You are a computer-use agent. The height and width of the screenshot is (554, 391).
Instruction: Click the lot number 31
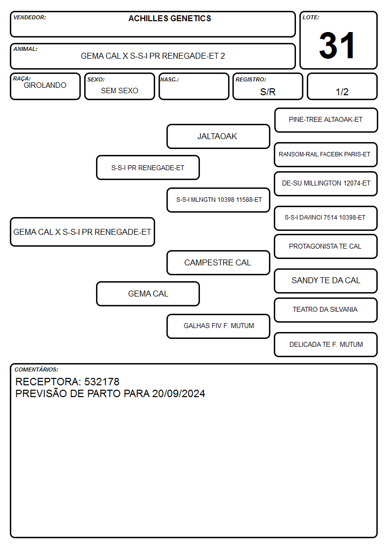point(337,45)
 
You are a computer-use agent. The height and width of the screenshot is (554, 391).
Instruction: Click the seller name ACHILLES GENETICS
point(169,19)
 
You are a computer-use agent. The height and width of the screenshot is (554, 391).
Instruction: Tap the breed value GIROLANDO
point(45,85)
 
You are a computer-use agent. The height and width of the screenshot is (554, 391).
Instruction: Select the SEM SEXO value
point(120,91)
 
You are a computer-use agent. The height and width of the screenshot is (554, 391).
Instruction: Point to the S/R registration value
point(267,92)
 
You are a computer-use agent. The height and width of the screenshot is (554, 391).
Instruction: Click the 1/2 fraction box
point(342,86)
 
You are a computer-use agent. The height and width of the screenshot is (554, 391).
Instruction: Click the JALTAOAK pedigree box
point(218,136)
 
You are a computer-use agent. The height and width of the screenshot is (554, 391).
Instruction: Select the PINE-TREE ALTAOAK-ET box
point(326,120)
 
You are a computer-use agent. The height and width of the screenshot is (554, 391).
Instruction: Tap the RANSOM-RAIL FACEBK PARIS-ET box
point(326,154)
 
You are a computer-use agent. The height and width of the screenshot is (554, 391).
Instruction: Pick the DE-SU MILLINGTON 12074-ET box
point(326,184)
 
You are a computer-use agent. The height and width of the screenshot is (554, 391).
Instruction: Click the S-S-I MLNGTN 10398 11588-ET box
point(218,200)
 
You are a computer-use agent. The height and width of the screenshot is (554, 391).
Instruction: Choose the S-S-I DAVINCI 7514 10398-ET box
point(326,218)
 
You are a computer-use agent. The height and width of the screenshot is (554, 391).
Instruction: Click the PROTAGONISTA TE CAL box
point(326,246)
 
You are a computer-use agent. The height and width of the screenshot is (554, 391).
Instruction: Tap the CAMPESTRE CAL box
point(218,262)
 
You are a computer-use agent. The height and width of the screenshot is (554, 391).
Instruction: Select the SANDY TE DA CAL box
point(326,281)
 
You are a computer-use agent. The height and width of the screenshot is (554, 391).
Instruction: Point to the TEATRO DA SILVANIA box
point(326,310)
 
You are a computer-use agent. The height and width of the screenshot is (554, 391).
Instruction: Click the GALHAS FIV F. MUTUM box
point(218,326)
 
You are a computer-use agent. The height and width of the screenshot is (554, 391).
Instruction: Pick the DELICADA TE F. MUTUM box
point(326,344)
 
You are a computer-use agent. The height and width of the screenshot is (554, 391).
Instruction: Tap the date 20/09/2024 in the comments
point(178,394)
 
